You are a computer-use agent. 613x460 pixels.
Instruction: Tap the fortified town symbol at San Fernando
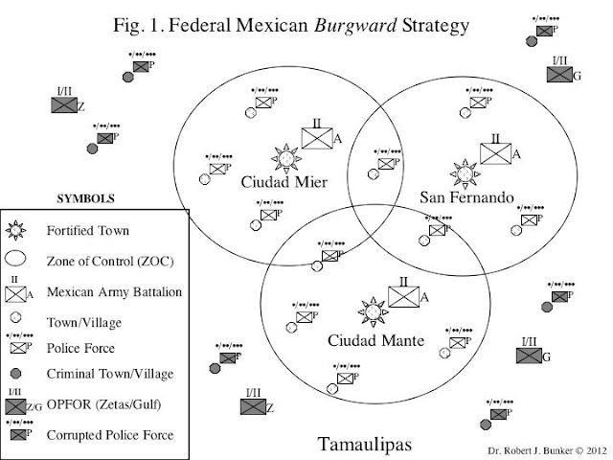pos(465,173)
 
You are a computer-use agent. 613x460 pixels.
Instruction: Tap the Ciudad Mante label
pos(372,340)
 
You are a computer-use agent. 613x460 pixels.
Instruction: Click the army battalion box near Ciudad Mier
pos(315,136)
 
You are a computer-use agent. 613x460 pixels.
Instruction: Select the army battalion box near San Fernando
pos(495,153)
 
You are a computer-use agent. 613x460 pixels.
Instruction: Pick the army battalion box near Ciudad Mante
pos(403,295)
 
